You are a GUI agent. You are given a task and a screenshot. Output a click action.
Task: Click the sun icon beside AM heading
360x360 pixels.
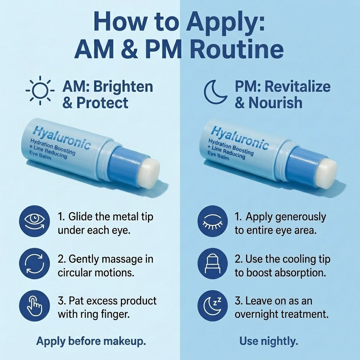pos(40,90)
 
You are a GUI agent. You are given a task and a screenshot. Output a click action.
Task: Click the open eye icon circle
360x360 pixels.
pos(34,221)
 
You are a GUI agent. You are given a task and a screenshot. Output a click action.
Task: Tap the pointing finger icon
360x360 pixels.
pos(34,306)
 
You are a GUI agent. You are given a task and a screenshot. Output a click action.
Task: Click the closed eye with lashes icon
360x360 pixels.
pos(213,221)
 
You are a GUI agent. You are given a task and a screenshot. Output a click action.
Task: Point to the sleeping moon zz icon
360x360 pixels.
pos(213,306)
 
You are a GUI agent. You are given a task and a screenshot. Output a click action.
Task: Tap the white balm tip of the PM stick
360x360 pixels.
pos(326,173)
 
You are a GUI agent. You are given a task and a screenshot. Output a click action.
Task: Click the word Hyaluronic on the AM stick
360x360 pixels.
pos(62,137)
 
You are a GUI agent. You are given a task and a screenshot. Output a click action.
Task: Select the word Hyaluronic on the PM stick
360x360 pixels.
pos(240,137)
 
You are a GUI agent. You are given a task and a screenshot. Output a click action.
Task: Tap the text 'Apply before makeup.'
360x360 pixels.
pos(91,341)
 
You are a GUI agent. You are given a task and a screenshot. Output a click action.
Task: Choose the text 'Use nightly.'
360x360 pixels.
pos(269,341)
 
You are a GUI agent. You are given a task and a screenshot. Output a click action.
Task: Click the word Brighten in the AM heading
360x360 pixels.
pos(123,87)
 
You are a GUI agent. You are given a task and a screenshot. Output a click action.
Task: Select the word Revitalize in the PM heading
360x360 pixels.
pos(297,87)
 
